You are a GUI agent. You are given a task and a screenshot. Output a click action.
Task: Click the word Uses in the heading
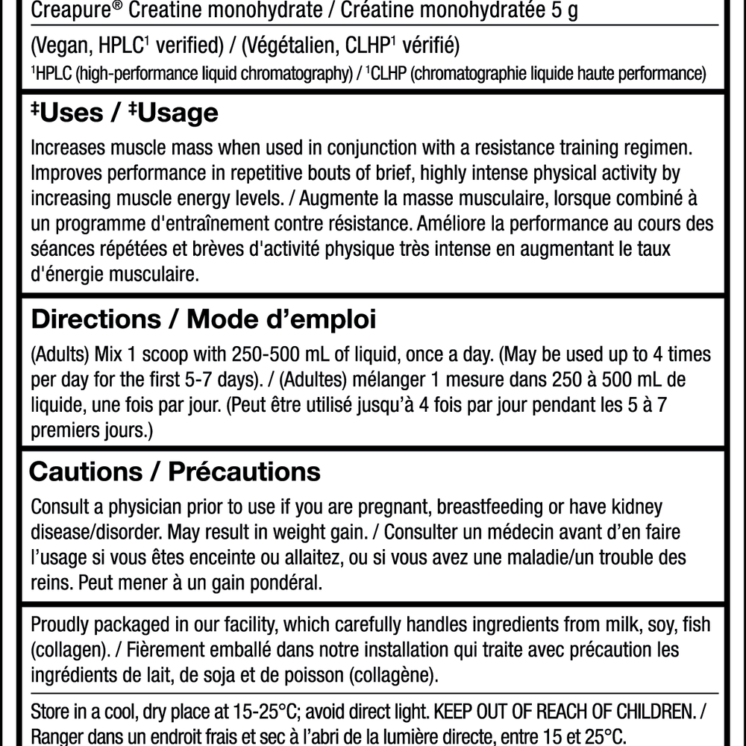[72, 113]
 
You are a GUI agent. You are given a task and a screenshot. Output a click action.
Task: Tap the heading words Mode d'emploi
[281, 320]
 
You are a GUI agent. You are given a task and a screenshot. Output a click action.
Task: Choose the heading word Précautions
[245, 471]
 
